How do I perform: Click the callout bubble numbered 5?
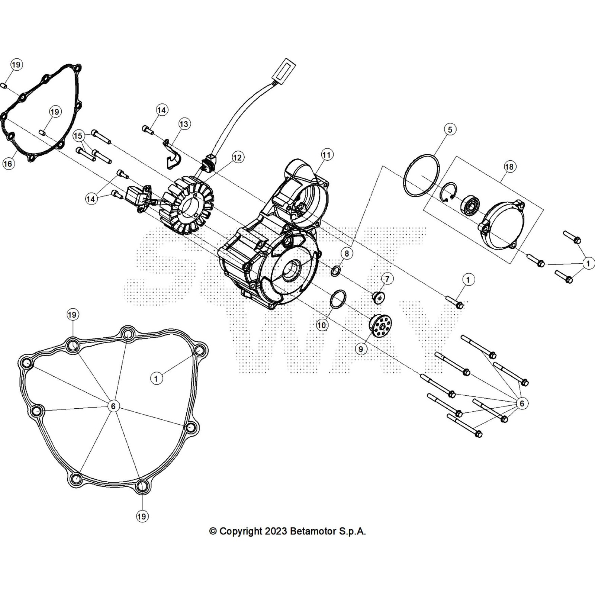pyautogui.click(x=450, y=129)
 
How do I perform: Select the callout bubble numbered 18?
pyautogui.click(x=509, y=166)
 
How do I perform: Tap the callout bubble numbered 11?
pyautogui.click(x=327, y=154)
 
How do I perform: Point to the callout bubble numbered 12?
pyautogui.click(x=237, y=157)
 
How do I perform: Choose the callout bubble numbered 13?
pyautogui.click(x=184, y=123)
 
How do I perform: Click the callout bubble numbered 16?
pyautogui.click(x=8, y=163)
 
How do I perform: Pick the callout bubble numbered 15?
pyautogui.click(x=78, y=136)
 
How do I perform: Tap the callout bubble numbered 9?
pyautogui.click(x=361, y=349)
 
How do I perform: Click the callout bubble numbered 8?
pyautogui.click(x=347, y=254)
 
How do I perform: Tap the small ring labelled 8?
pyautogui.click(x=335, y=271)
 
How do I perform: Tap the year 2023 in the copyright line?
pyautogui.click(x=276, y=531)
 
